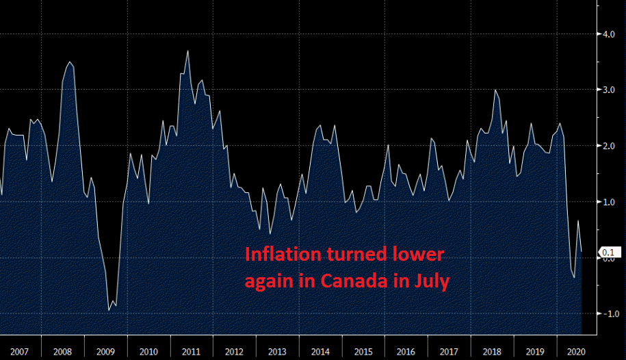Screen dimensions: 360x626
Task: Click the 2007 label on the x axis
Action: pos(20,352)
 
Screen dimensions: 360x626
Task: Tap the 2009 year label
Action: pos(106,352)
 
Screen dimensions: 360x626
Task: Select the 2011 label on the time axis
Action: pos(192,352)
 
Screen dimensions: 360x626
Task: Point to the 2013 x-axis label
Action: pos(278,352)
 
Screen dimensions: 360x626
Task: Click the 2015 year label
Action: pos(363,352)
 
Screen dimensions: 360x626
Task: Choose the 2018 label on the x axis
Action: pos(493,352)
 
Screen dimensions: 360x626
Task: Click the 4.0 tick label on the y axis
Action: pos(608,34)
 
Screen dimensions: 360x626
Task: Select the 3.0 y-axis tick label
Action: pos(608,90)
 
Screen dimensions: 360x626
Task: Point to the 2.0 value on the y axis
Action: pos(608,146)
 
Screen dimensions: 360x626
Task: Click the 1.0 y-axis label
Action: pos(608,202)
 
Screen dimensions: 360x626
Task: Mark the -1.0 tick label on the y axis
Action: pos(606,314)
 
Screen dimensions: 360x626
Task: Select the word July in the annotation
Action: pos(431,281)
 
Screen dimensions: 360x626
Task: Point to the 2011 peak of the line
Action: pos(187,51)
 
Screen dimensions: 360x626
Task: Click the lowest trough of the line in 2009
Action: pos(109,311)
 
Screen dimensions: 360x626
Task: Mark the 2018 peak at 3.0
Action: pos(495,90)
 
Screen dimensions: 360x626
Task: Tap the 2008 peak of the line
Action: pos(70,62)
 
